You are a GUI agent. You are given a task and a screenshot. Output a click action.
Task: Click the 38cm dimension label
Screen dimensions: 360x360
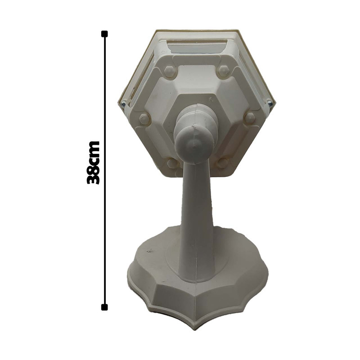tap(94, 163)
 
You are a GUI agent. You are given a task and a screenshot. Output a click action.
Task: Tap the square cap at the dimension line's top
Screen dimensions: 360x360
tap(104, 34)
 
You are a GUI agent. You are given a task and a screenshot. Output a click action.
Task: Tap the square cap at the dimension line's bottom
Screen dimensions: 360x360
tap(104, 307)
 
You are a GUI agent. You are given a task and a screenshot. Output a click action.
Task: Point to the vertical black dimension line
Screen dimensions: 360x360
tap(104, 171)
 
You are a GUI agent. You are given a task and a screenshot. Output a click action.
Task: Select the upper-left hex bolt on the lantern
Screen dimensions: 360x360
tap(170, 72)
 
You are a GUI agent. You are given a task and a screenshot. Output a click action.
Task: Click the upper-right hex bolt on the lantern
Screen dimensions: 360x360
tap(223, 71)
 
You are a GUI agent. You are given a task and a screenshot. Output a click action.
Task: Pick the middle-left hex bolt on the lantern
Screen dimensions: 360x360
tap(144, 119)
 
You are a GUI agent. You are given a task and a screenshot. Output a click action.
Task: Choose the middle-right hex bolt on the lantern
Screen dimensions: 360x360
tap(250, 118)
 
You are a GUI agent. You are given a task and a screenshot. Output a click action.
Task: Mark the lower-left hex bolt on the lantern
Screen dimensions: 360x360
tap(173, 163)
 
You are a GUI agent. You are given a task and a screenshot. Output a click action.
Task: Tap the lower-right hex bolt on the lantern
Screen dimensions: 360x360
tap(222, 162)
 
